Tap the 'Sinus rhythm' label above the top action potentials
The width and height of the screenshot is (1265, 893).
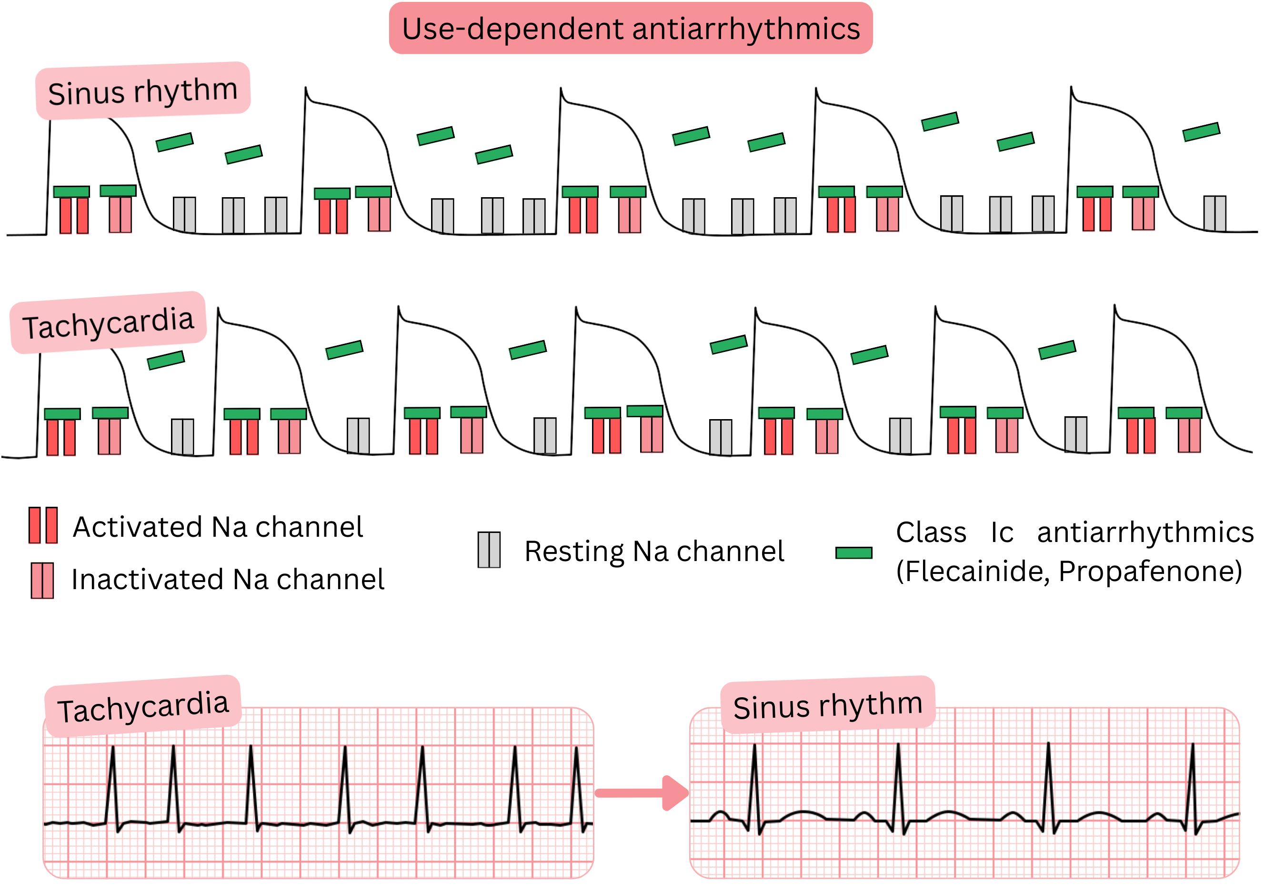click(143, 91)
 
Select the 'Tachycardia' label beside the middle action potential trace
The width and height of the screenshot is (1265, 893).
click(108, 323)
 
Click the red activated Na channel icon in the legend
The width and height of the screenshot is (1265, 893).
click(43, 525)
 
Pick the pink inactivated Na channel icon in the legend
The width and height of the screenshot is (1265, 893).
click(42, 580)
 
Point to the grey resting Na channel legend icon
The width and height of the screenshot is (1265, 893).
click(489, 550)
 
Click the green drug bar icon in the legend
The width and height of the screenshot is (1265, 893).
click(853, 552)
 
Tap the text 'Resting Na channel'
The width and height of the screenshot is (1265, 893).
click(654, 552)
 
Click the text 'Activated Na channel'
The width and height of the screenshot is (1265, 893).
click(218, 527)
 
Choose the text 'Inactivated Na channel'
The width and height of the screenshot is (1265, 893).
click(228, 580)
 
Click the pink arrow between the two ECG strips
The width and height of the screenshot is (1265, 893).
click(642, 793)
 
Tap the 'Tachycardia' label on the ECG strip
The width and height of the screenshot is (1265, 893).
click(143, 707)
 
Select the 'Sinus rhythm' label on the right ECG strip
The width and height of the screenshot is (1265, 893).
click(828, 706)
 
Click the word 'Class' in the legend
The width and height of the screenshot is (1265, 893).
click(931, 533)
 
